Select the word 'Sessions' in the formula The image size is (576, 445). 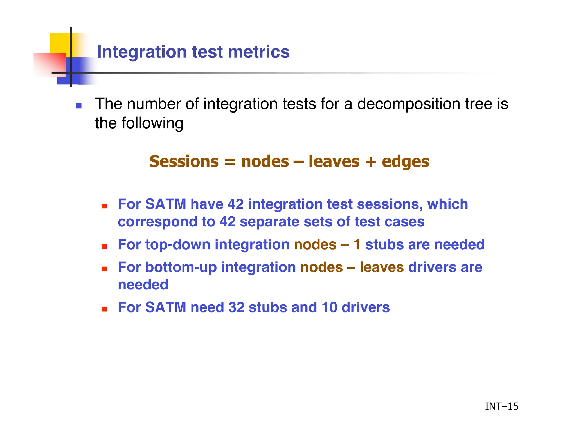184,161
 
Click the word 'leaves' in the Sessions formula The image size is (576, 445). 334,161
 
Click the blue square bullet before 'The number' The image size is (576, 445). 79,106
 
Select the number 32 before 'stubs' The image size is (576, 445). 236,307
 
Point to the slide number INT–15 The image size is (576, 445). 501,406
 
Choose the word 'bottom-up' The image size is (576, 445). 181,267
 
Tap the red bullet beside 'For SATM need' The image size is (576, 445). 104,309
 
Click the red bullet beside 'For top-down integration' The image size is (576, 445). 104,246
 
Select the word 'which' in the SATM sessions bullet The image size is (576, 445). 447,204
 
